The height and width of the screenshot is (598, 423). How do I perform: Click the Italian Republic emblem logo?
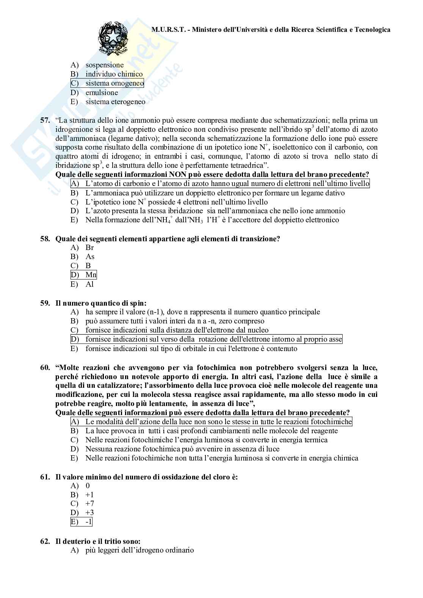[x=113, y=39]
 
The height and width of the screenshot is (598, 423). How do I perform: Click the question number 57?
[x=45, y=120]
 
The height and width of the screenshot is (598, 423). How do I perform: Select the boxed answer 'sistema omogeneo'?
[x=114, y=83]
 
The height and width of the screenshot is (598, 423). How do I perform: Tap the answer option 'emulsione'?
[x=102, y=93]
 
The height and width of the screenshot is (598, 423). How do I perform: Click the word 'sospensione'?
[x=104, y=65]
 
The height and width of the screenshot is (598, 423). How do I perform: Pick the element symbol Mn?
[x=91, y=275]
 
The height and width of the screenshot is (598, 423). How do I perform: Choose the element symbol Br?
[x=89, y=248]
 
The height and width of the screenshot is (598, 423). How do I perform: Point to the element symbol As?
[x=89, y=257]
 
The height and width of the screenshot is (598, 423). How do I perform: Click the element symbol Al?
[x=89, y=284]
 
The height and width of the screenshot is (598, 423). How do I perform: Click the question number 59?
[x=45, y=303]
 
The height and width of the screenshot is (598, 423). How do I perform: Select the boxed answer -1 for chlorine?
[x=88, y=522]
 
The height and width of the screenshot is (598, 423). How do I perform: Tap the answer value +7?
[x=89, y=504]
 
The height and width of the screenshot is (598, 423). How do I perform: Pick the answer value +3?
[x=89, y=513]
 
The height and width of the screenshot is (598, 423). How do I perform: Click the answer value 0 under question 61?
[x=88, y=486]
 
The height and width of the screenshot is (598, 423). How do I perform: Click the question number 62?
[x=45, y=542]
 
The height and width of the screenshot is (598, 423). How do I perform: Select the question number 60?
[x=45, y=367]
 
